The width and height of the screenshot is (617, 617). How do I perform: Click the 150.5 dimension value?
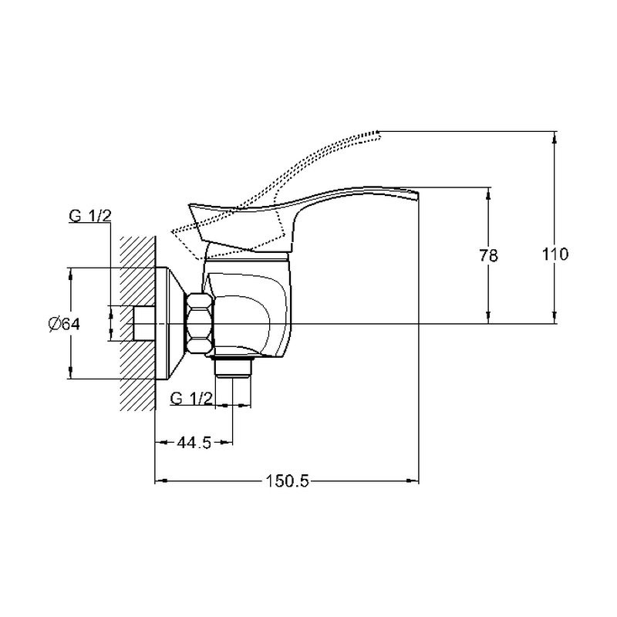pyautogui.click(x=287, y=480)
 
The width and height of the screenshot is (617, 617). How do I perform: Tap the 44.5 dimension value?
pyautogui.click(x=194, y=443)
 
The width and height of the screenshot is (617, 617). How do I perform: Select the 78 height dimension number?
pyautogui.click(x=489, y=256)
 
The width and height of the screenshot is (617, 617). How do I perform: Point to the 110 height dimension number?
pyautogui.click(x=555, y=255)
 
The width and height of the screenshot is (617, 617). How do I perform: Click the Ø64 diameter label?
pyautogui.click(x=64, y=324)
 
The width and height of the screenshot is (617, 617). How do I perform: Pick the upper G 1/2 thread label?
pyautogui.click(x=90, y=216)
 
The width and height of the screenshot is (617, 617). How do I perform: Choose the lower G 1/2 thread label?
pyautogui.click(x=191, y=399)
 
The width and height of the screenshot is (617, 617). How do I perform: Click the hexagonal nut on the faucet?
pyautogui.click(x=201, y=323)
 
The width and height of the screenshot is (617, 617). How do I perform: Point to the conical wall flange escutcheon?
pyautogui.click(x=170, y=323)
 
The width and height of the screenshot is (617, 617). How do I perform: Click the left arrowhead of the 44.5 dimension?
pyautogui.click(x=161, y=443)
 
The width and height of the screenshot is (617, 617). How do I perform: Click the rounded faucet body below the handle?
pyautogui.click(x=248, y=307)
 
